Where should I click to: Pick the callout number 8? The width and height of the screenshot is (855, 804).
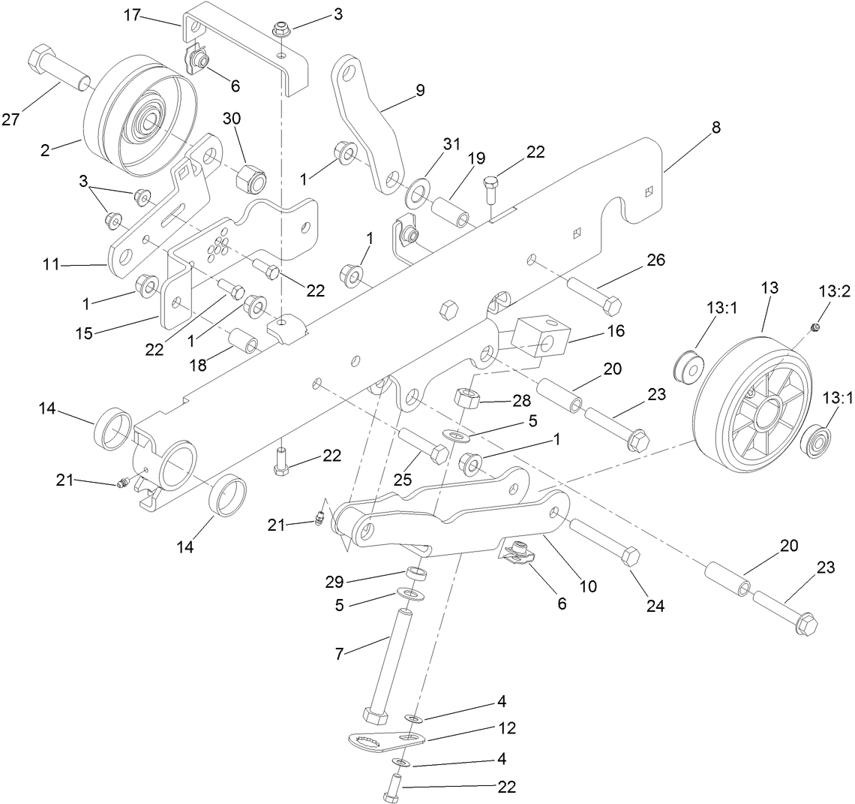click(x=716, y=127)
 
